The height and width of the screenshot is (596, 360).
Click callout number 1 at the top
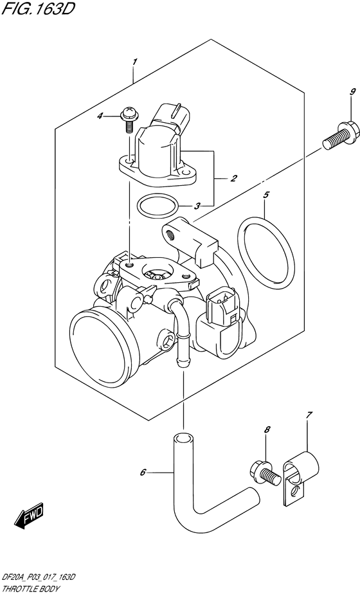(x=134, y=62)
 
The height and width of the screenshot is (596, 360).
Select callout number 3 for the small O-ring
(x=199, y=206)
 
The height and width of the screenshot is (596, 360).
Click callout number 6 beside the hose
(x=143, y=474)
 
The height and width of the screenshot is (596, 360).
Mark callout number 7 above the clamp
(x=309, y=415)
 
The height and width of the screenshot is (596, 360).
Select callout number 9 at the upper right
(x=334, y=93)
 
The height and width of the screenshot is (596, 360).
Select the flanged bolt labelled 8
(x=264, y=474)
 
